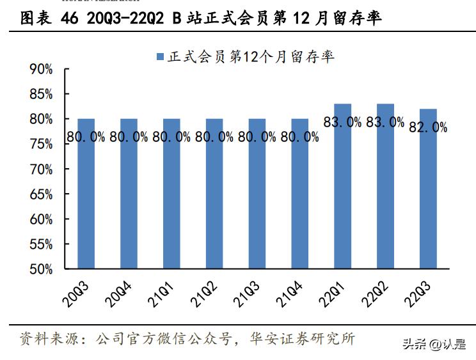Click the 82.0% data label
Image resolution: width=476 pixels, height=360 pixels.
[x=428, y=127]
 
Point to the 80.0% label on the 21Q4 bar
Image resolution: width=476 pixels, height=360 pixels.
[x=299, y=136]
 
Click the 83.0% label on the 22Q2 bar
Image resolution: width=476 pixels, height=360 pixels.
[x=385, y=121]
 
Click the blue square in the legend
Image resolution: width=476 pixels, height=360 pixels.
[x=161, y=57]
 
